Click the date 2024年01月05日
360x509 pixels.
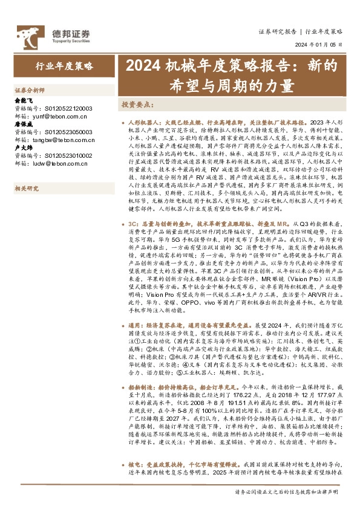318,45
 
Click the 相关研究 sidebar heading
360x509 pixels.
27,188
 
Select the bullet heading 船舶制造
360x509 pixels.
141,386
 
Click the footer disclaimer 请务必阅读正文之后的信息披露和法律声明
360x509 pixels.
286,493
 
